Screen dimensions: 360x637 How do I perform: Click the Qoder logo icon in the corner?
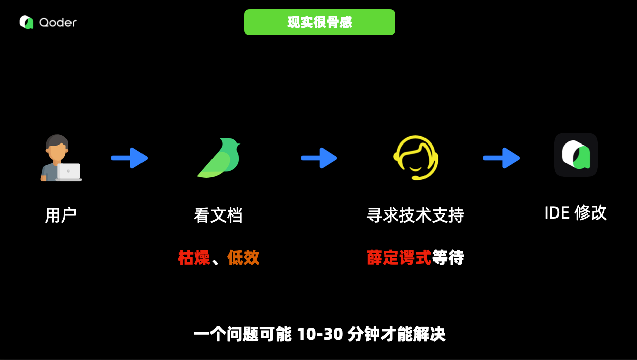(x=26, y=22)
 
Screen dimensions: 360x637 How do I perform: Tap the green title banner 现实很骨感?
(x=319, y=22)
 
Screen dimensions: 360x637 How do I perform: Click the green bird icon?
(x=219, y=158)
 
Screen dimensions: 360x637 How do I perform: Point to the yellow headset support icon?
(x=415, y=158)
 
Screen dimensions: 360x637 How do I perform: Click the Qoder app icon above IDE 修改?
(x=576, y=155)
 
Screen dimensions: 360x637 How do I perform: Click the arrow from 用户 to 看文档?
(x=129, y=158)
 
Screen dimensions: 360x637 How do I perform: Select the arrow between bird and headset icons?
(x=319, y=158)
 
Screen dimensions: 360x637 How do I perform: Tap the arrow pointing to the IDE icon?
(x=501, y=158)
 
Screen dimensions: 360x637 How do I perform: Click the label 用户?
(x=60, y=215)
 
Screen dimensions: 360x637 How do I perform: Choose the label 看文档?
(x=218, y=215)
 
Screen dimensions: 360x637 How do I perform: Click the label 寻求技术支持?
(x=415, y=215)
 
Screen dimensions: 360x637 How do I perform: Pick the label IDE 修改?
(x=576, y=213)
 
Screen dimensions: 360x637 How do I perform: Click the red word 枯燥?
(x=194, y=258)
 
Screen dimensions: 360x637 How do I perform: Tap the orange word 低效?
(x=243, y=258)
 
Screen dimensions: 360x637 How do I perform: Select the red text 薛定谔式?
(x=399, y=258)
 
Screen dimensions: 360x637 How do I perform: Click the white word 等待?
(x=448, y=258)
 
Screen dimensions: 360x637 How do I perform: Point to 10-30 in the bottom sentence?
(x=319, y=334)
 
